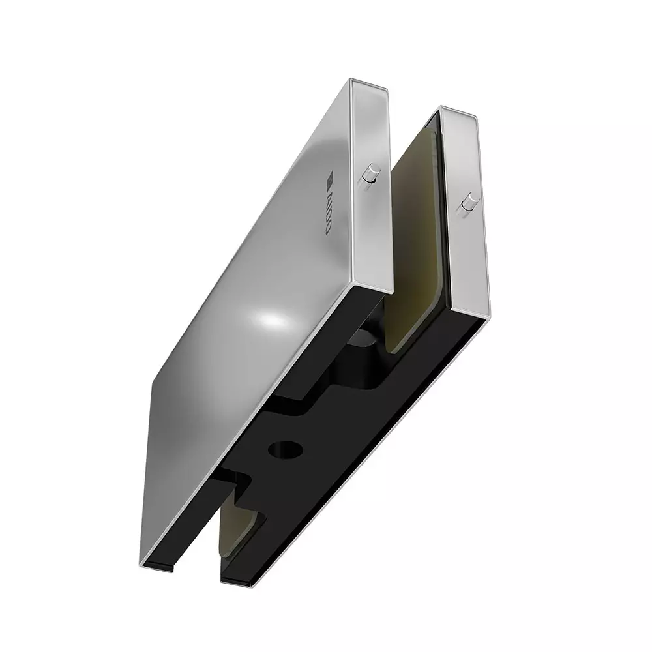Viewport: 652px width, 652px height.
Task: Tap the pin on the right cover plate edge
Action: point(467,203)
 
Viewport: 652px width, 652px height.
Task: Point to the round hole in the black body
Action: point(285,449)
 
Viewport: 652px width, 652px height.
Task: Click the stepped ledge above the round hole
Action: point(313,398)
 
